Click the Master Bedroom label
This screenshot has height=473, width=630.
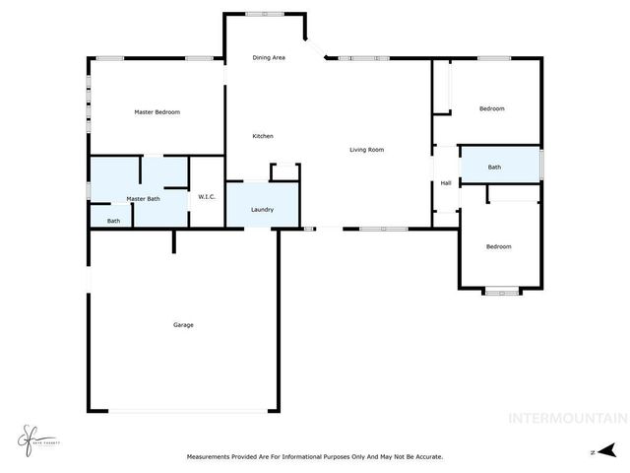pyautogui.click(x=157, y=112)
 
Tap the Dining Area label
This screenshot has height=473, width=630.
pyautogui.click(x=269, y=58)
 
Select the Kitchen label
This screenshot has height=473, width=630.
pyautogui.click(x=263, y=136)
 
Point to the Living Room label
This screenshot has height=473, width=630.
pyautogui.click(x=366, y=150)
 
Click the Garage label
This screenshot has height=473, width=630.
pyautogui.click(x=183, y=325)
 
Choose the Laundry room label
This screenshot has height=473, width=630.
pyautogui.click(x=262, y=209)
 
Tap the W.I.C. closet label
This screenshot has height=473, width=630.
pyautogui.click(x=207, y=197)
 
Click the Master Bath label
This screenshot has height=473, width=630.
pyautogui.click(x=143, y=199)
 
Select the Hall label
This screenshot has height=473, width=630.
pyautogui.click(x=446, y=183)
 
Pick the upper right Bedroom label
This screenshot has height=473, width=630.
pyautogui.click(x=492, y=108)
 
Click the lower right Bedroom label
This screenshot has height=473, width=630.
pyautogui.click(x=499, y=246)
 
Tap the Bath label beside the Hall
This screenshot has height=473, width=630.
pyautogui.click(x=494, y=168)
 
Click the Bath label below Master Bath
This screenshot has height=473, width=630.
pyautogui.click(x=113, y=221)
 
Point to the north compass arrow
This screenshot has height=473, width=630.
pyautogui.click(x=610, y=449)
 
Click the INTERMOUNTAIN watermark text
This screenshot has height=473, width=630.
pyautogui.click(x=566, y=418)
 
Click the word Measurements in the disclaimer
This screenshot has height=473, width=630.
pyautogui.click(x=213, y=456)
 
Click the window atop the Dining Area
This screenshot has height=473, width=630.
pyautogui.click(x=262, y=13)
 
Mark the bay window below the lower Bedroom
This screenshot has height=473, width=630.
pyautogui.click(x=501, y=291)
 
